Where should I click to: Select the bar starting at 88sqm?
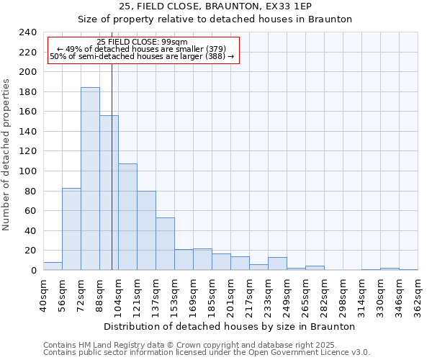click(x=109, y=192)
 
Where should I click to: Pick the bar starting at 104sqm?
click(x=127, y=217)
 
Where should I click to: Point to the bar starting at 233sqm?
click(x=277, y=264)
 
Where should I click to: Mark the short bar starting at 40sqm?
click(x=53, y=266)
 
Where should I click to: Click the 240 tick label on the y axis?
click(x=27, y=32)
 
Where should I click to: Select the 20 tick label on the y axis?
click(x=30, y=251)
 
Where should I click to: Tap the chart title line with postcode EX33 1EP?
click(x=215, y=6)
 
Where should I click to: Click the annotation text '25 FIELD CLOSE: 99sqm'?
click(x=142, y=42)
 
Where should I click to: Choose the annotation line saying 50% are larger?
click(x=142, y=56)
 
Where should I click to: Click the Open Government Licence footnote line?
click(x=207, y=352)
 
